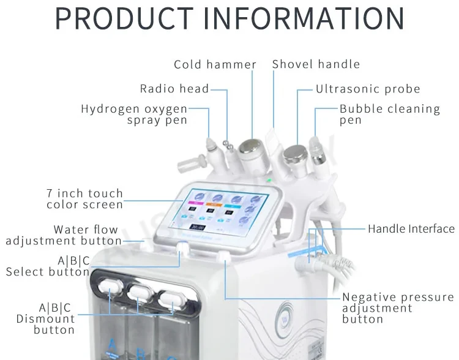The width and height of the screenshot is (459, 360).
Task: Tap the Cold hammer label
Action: (215, 65)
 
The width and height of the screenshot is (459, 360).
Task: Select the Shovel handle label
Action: (316, 64)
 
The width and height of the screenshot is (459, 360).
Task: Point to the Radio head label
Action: (174, 89)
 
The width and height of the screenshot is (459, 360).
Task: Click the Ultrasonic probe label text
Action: (368, 89)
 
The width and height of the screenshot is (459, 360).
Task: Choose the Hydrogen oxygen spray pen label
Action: (134, 114)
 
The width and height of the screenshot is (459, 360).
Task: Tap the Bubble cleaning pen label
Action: (389, 114)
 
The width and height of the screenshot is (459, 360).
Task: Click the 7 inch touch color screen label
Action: (85, 199)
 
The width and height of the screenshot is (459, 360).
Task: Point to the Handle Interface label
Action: (411, 229)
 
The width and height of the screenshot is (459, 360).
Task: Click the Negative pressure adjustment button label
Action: (397, 308)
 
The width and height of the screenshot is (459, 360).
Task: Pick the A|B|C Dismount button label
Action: (46, 318)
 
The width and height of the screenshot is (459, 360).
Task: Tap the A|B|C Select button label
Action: (48, 266)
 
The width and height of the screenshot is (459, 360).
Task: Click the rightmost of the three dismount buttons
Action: (172, 297)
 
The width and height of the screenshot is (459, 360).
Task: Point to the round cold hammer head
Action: (249, 147)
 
